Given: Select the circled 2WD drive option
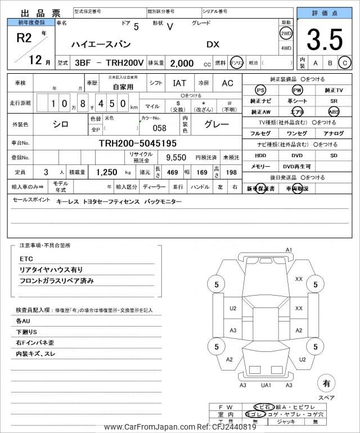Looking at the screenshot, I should [x=286, y=33].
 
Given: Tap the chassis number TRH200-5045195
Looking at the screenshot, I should [x=138, y=143].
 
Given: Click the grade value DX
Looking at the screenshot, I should [x=213, y=43].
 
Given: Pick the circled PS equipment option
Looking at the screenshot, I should [x=260, y=90].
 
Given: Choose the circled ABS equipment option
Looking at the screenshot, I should [x=334, y=111].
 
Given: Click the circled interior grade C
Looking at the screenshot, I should [x=345, y=63].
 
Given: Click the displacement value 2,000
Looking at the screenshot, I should [x=182, y=64].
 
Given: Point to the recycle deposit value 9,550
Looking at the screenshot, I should [x=175, y=158].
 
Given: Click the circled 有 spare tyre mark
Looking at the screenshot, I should [x=326, y=384].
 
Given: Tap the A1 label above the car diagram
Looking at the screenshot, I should [x=289, y=249].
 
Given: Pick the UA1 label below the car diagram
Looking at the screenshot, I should [x=267, y=385].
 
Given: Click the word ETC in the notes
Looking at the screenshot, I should [x=26, y=258].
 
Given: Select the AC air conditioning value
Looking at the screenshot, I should [x=227, y=83].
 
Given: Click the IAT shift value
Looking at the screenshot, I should [x=179, y=83].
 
